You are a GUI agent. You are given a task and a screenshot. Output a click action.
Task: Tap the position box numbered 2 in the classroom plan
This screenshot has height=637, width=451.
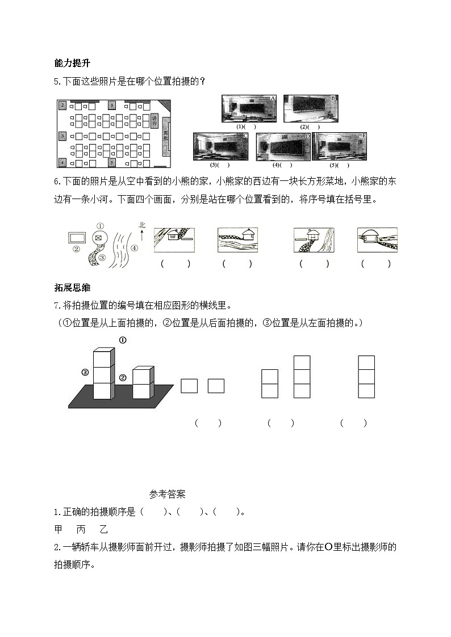[x=62, y=105]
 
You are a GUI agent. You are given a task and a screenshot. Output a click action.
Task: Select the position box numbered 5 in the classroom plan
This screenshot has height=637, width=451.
[x=112, y=162]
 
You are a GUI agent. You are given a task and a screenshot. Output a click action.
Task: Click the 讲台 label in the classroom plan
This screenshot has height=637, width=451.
[x=154, y=120]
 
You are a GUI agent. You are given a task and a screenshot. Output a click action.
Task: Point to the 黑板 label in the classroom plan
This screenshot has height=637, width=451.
[x=166, y=139]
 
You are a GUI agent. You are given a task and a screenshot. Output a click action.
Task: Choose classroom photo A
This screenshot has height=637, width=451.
[x=249, y=108]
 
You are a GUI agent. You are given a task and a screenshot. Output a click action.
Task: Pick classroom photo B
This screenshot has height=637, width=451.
[x=310, y=108]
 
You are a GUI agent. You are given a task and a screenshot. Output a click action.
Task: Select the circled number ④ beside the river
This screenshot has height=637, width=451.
[x=134, y=248]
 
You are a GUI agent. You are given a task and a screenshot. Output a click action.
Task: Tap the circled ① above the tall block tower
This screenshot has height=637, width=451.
[x=122, y=340]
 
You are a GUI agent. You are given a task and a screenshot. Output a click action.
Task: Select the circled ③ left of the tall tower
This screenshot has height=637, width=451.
[x=85, y=373]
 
